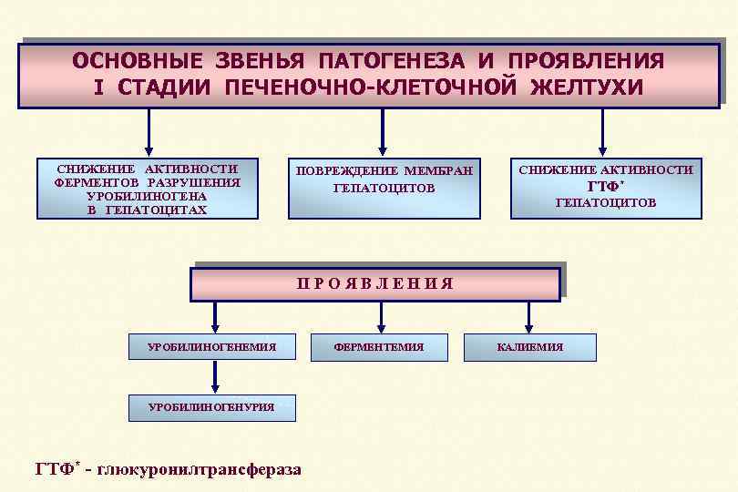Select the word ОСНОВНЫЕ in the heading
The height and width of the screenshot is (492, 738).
(x=137, y=61)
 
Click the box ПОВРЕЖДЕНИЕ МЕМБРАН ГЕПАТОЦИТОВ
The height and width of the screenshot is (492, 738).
(x=384, y=189)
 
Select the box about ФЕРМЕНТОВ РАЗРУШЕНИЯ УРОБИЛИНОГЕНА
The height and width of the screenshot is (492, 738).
(x=147, y=189)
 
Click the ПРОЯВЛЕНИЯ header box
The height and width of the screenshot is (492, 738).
(x=374, y=283)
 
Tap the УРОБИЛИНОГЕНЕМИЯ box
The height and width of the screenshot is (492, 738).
(x=211, y=347)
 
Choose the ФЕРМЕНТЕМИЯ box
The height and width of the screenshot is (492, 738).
(x=379, y=347)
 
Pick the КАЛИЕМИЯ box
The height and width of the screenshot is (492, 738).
(x=529, y=347)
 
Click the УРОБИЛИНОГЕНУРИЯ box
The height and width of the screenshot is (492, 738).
(x=211, y=407)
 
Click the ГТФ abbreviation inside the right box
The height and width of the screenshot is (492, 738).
(x=603, y=187)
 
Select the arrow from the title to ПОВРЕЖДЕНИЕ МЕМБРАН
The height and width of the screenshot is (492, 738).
(x=383, y=133)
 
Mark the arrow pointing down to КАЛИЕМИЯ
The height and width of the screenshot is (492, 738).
(x=529, y=317)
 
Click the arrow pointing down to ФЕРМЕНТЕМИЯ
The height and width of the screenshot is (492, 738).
(x=381, y=317)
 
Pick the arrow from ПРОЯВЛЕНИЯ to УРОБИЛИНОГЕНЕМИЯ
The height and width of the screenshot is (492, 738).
(x=215, y=317)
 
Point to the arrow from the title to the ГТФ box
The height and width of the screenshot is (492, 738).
(x=602, y=133)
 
